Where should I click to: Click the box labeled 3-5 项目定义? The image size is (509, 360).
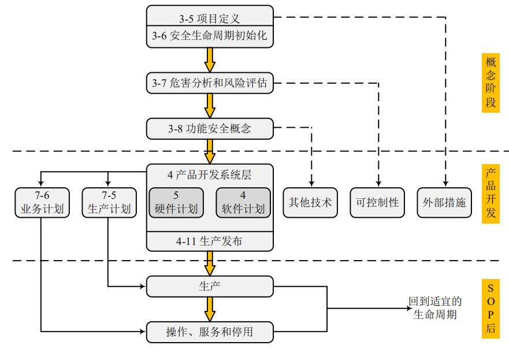point(209,17)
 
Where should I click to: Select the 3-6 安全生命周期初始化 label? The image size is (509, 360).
point(209,36)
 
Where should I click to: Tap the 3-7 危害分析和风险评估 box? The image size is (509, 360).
point(209,83)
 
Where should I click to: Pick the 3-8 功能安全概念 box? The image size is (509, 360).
point(209,128)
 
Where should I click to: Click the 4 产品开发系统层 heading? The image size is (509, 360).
point(209,175)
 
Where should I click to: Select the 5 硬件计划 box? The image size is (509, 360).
point(176,203)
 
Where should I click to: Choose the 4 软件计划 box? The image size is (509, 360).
point(243,203)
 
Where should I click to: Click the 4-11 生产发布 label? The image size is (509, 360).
point(209,242)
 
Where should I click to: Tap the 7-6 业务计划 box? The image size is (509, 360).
point(42,203)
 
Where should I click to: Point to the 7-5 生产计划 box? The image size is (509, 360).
point(109,203)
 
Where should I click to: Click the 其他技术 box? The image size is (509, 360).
point(310,203)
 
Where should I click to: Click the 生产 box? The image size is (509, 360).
point(209,286)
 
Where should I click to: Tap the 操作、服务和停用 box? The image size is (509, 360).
point(209,332)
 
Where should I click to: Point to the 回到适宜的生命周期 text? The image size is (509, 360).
point(435,308)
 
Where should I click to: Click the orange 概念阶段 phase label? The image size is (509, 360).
point(491,83)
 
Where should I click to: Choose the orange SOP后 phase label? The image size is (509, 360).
point(491,309)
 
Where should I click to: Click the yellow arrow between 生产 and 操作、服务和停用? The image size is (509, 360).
point(210,309)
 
